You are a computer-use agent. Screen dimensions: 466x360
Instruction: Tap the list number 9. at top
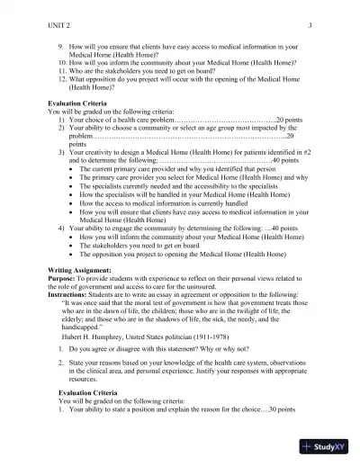tap(61, 44)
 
